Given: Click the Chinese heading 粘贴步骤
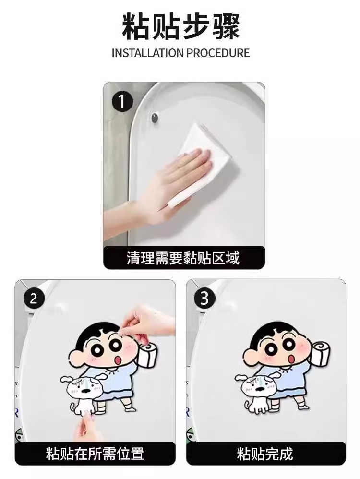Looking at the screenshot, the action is tap(180, 27).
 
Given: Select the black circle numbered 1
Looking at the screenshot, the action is tap(122, 101).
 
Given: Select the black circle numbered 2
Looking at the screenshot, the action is tap(34, 298).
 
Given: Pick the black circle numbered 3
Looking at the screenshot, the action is tap(204, 298).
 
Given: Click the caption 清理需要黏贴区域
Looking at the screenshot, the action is tap(183, 258).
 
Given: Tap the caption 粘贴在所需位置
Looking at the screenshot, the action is tap(95, 454).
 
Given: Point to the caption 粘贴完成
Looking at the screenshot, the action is tap(265, 454).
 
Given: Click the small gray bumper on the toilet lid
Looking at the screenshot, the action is tap(155, 117).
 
